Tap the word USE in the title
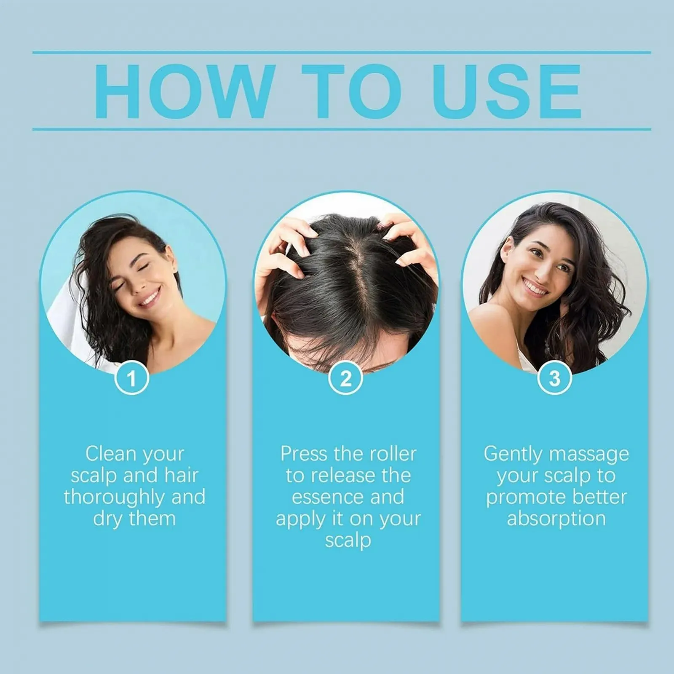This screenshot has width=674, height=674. pos(508,91)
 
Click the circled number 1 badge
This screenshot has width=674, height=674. pos(132,378)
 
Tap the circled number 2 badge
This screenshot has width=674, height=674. pos(345,378)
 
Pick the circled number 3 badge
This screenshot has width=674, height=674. pos(555,378)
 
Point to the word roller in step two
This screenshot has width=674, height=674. pos(393,454)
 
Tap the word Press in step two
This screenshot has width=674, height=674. pos(303,454)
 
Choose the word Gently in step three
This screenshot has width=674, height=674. pos(513,455)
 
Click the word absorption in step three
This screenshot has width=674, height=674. pos(556,519)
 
